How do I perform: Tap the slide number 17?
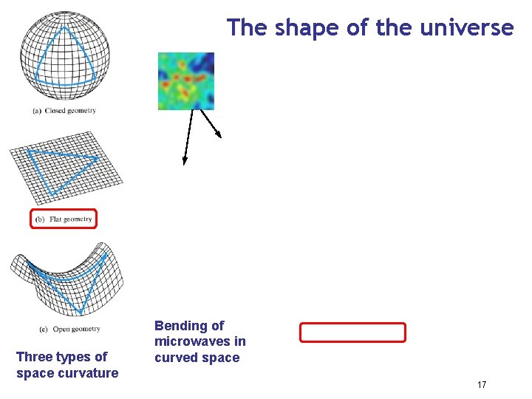tap(482, 385)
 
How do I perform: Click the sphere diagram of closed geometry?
tap(64, 52)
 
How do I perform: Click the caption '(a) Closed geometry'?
tap(64, 111)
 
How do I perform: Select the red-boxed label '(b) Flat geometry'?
tap(64, 219)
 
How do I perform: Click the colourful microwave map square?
tap(186, 81)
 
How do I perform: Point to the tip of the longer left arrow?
tap(184, 163)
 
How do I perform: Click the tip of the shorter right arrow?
tap(221, 137)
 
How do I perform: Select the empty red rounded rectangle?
tap(352, 332)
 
